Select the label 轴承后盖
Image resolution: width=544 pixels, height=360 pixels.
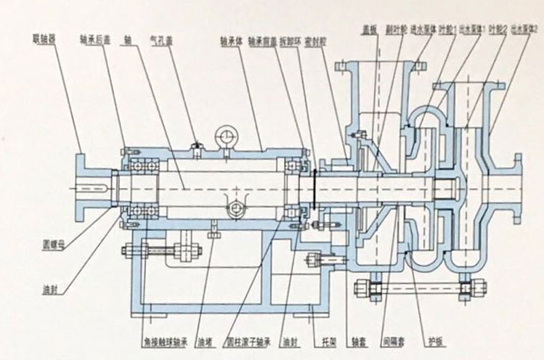94,34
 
